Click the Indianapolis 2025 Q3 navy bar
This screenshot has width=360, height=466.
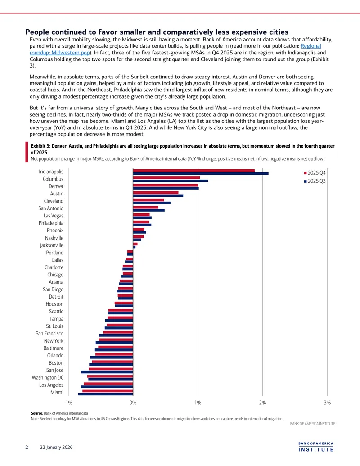point(201,173)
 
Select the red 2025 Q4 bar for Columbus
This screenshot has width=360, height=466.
point(166,178)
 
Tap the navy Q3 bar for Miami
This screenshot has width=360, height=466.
point(105,394)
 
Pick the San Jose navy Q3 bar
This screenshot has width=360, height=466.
point(107,372)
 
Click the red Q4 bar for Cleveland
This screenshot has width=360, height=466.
point(148,200)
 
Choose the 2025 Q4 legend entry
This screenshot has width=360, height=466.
point(315,173)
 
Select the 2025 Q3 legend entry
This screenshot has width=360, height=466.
point(315,181)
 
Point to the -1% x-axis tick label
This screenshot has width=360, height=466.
point(68,403)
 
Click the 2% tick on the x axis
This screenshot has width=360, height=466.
point(262,403)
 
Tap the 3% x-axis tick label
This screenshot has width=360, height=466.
point(327,403)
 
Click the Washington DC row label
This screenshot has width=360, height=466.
point(48,377)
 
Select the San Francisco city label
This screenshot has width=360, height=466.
point(49,334)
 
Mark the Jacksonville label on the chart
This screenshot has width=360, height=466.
point(52,245)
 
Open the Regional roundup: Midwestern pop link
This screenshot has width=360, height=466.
point(175,50)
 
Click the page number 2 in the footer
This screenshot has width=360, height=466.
point(27,447)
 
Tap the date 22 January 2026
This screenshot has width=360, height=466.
point(56,447)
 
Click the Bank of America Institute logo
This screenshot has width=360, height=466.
point(316,447)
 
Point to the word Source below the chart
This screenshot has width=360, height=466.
point(37,413)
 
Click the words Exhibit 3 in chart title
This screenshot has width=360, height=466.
point(40,146)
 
